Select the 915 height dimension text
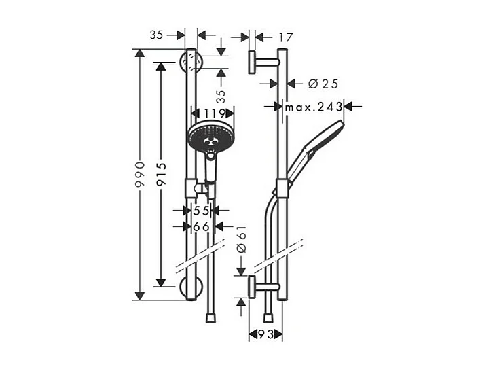[x=160, y=175]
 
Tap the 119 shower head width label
[x=213, y=113]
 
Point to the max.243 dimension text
[x=313, y=107]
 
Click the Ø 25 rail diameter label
[x=323, y=84]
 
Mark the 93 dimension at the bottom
[x=265, y=334]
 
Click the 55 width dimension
[x=201, y=211]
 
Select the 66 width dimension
[x=201, y=227]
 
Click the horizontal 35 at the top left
[x=157, y=35]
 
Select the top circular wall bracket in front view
[x=191, y=63]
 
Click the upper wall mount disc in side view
[x=252, y=63]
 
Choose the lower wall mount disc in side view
[x=252, y=287]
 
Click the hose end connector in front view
[x=209, y=317]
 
